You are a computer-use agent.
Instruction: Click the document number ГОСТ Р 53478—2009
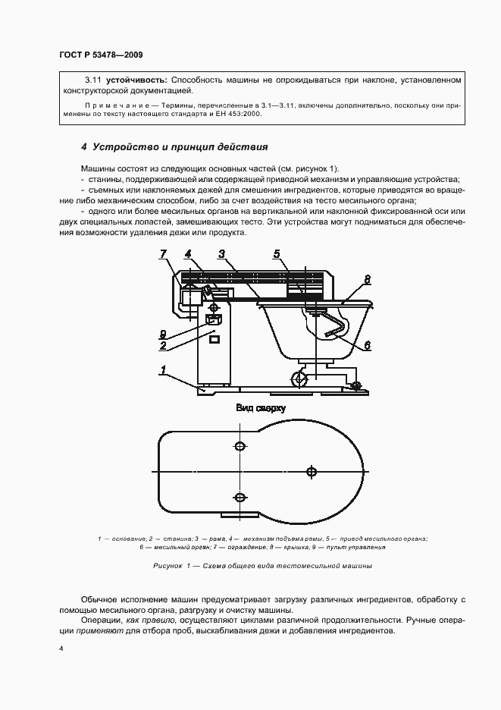click(x=100, y=55)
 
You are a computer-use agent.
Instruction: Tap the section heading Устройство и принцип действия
click(x=174, y=146)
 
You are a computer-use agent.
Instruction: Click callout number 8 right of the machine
click(x=367, y=280)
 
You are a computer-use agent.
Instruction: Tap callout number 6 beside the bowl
click(x=367, y=344)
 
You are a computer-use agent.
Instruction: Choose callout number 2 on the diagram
click(x=163, y=346)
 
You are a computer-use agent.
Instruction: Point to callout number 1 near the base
click(x=163, y=370)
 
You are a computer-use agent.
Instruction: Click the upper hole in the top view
click(x=240, y=445)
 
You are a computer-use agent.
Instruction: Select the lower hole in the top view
click(x=240, y=498)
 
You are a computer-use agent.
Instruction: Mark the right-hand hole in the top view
click(x=311, y=472)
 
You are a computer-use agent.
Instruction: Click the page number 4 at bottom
click(x=61, y=649)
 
